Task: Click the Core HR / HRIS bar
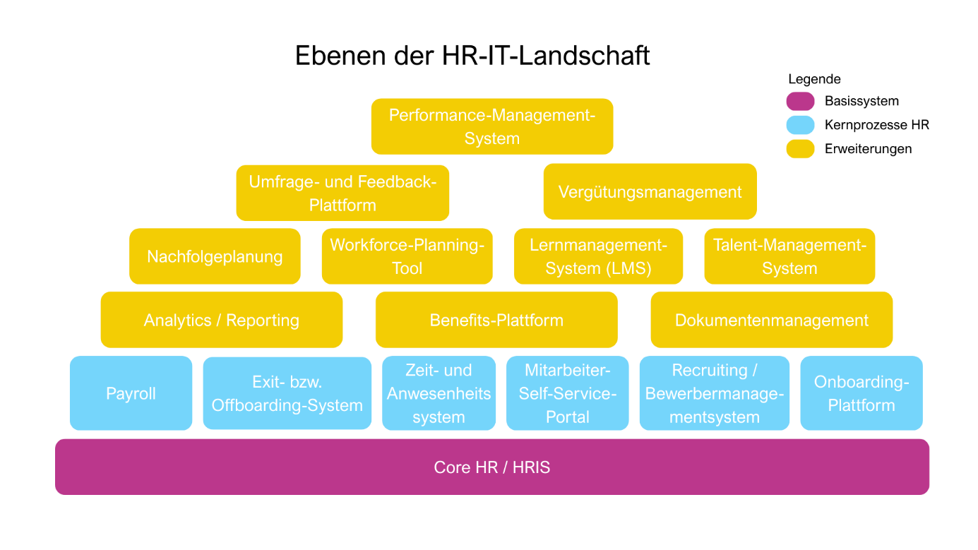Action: (492, 467)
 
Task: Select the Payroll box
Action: (131, 393)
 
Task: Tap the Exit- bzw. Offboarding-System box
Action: (287, 393)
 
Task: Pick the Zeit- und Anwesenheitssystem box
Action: (439, 393)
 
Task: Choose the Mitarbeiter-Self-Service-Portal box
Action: (567, 393)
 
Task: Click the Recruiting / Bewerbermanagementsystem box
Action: (714, 393)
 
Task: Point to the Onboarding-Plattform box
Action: (861, 393)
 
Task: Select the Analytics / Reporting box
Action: (222, 320)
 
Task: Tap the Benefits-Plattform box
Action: (496, 320)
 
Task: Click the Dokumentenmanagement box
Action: (771, 320)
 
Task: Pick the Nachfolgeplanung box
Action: (215, 256)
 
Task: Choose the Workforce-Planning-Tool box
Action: (407, 256)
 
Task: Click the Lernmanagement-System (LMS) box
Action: (598, 256)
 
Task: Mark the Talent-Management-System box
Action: (789, 256)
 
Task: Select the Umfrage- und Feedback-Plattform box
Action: (342, 193)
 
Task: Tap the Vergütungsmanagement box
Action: (650, 191)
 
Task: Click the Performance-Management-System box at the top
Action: (492, 126)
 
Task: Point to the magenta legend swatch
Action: (800, 102)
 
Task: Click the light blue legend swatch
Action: (800, 126)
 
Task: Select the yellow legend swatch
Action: (800, 149)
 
